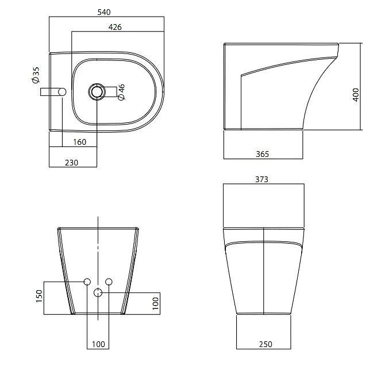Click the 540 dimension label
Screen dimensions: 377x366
pyautogui.click(x=104, y=12)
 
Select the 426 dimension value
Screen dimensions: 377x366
pyautogui.click(x=115, y=27)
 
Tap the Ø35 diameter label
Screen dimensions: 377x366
pyautogui.click(x=36, y=75)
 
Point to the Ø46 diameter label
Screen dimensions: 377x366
pyautogui.click(x=121, y=92)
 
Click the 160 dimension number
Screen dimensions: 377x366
pyautogui.click(x=79, y=142)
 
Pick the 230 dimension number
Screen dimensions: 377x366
pyautogui.click(x=71, y=163)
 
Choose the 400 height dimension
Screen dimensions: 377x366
pyautogui.click(x=356, y=95)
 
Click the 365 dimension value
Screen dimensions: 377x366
pyautogui.click(x=262, y=154)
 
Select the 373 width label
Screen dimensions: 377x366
pyautogui.click(x=261, y=179)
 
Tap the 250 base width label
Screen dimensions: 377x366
pyautogui.click(x=266, y=344)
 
